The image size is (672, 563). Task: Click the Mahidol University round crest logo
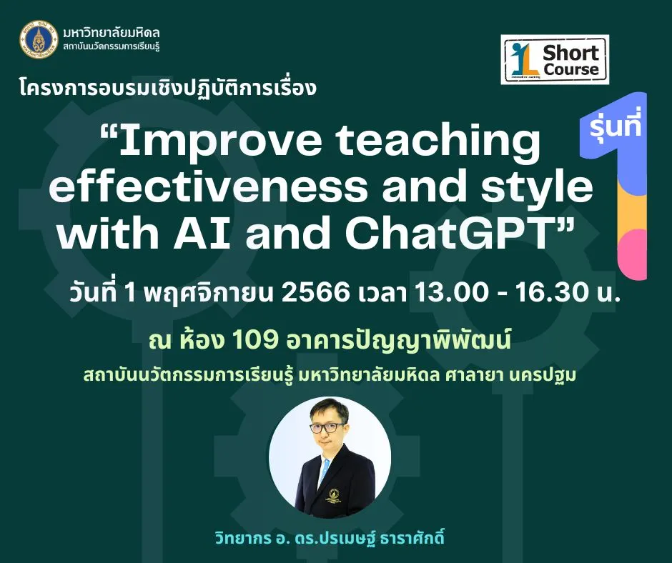coord(39,39)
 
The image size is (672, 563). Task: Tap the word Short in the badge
coord(570,53)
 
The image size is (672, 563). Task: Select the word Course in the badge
coord(571,69)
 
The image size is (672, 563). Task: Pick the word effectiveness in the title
coord(208,186)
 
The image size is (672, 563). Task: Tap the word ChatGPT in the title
coord(453,234)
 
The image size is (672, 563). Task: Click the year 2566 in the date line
coord(316,293)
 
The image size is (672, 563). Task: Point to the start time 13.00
coord(451,293)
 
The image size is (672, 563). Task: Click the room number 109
coord(255,342)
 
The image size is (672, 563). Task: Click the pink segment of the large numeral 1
coord(632,254)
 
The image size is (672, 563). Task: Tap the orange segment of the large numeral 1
coord(632,209)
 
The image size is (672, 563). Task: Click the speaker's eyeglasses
coord(327,429)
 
